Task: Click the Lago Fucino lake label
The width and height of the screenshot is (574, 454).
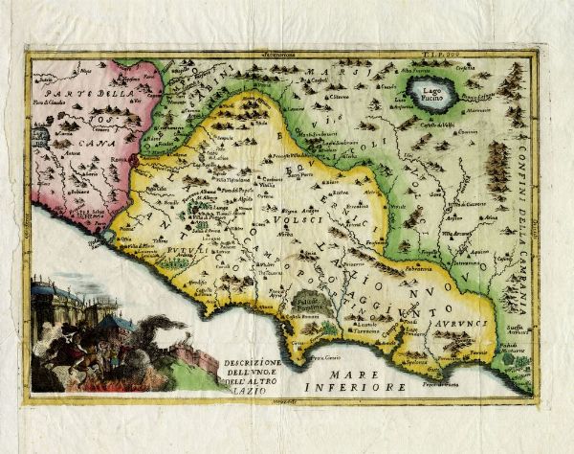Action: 434,90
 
